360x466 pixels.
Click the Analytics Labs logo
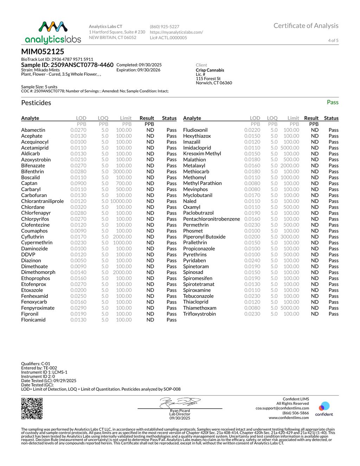click(53, 32)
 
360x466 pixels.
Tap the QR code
click(32, 408)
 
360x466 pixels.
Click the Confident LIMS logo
click(324, 409)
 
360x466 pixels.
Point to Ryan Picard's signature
click(180, 402)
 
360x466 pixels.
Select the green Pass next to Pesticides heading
click(332, 102)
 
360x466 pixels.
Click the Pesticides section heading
click(36, 103)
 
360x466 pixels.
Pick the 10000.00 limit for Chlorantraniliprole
click(121, 201)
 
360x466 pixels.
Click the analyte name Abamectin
click(33, 130)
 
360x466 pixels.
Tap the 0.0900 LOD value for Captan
click(78, 183)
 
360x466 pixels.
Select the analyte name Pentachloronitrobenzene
click(211, 219)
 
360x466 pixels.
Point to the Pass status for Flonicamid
click(172, 320)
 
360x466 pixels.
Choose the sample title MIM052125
click(43, 52)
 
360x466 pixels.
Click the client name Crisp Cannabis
click(210, 70)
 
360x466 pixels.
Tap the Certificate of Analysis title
click(306, 26)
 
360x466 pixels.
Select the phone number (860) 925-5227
click(165, 27)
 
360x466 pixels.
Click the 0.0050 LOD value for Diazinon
click(78, 261)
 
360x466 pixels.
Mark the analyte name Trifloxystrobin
click(199, 314)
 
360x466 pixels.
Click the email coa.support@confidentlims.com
click(282, 408)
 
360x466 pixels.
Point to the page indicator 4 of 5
click(333, 40)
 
